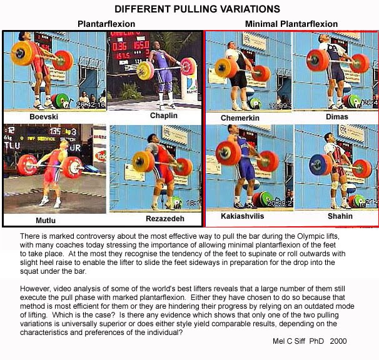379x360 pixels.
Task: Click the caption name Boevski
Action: [44, 117]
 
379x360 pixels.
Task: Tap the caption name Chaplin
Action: [164, 116]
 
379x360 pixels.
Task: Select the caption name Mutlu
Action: [46, 221]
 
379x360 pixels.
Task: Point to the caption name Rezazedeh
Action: [165, 219]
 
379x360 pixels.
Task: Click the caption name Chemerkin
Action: [240, 118]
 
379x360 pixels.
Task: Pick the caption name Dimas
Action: [337, 117]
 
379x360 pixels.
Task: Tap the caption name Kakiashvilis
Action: [243, 216]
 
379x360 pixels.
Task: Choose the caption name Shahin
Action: [340, 216]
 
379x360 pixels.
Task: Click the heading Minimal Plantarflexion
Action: [291, 24]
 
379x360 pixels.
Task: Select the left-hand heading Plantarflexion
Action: [106, 24]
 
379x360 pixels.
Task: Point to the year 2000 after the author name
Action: [338, 341]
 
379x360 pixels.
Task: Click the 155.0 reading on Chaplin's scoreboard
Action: [141, 45]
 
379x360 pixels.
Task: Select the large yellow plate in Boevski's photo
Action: [22, 53]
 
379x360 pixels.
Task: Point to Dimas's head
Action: [323, 39]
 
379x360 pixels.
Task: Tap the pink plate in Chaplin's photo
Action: [188, 66]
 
